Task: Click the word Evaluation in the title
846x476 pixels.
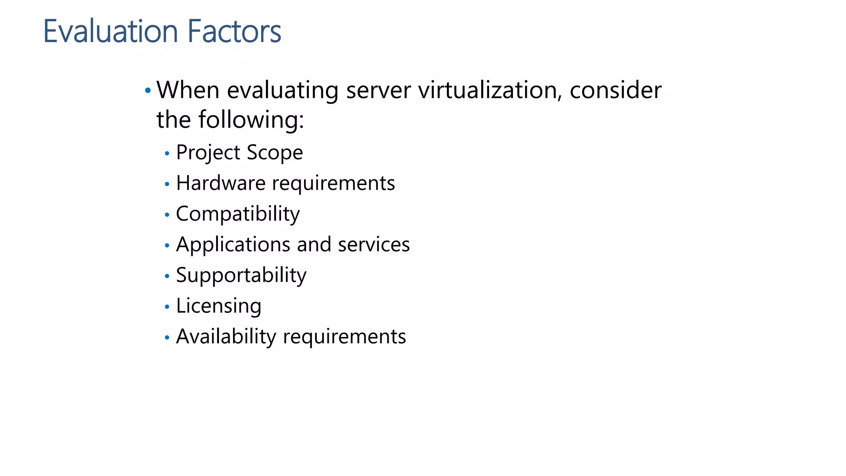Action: [x=111, y=31]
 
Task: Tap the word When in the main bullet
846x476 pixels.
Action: [x=188, y=90]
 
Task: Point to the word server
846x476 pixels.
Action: [x=378, y=90]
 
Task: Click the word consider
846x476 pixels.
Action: [x=615, y=90]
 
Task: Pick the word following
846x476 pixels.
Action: [x=251, y=120]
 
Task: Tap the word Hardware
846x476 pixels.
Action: [x=221, y=183]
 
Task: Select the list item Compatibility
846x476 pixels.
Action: [x=238, y=214]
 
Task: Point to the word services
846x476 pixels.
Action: [x=374, y=245]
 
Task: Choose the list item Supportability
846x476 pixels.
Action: [x=241, y=275]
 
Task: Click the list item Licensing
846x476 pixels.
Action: [x=219, y=306]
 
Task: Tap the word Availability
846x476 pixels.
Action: [x=226, y=336]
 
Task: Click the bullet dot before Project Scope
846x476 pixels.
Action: [x=167, y=154]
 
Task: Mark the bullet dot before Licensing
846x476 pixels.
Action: [x=167, y=307]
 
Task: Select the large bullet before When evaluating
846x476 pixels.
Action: [x=147, y=90]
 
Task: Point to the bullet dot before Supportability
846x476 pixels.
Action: [x=167, y=276]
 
